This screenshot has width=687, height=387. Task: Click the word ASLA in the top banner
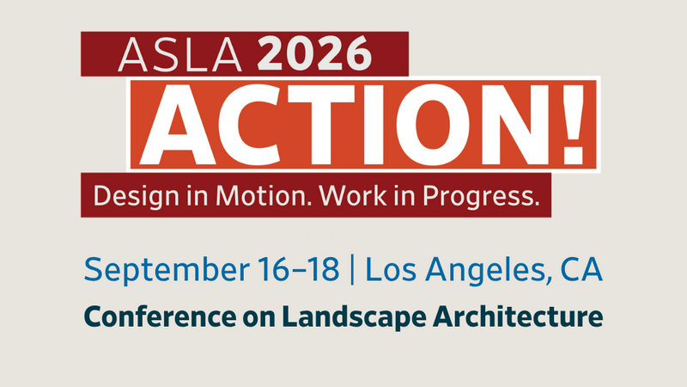pyautogui.click(x=180, y=55)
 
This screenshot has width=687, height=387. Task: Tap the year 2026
pyautogui.click(x=314, y=54)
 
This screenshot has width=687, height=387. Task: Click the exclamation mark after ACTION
pyautogui.click(x=573, y=125)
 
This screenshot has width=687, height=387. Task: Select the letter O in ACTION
pyautogui.click(x=433, y=125)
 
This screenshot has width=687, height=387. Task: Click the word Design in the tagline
pyautogui.click(x=137, y=196)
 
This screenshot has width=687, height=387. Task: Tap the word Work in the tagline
pyautogui.click(x=353, y=196)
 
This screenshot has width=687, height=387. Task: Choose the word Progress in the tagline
pyautogui.click(x=481, y=197)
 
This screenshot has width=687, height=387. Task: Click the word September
pyautogui.click(x=167, y=270)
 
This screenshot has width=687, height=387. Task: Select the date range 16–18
pyautogui.click(x=298, y=269)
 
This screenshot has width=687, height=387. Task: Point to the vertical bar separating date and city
pyautogui.click(x=352, y=269)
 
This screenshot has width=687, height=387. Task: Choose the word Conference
pyautogui.click(x=160, y=316)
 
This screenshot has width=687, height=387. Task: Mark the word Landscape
pyautogui.click(x=354, y=317)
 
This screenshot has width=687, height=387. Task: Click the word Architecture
pyautogui.click(x=518, y=316)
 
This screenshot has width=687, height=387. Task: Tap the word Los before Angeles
pyautogui.click(x=391, y=269)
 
